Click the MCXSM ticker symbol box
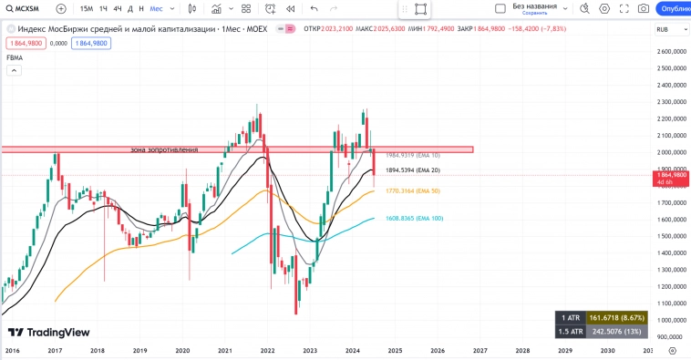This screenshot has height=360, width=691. (x=28, y=8)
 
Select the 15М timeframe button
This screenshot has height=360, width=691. (x=87, y=8)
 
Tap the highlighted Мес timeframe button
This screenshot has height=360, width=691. (x=158, y=8)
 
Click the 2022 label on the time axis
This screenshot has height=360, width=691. (x=267, y=350)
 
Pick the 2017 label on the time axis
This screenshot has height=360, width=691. (x=55, y=350)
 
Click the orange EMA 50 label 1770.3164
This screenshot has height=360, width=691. (x=413, y=191)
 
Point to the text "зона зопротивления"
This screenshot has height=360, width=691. (x=164, y=149)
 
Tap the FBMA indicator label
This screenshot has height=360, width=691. (x=15, y=57)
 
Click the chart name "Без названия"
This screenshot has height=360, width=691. (x=533, y=5)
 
